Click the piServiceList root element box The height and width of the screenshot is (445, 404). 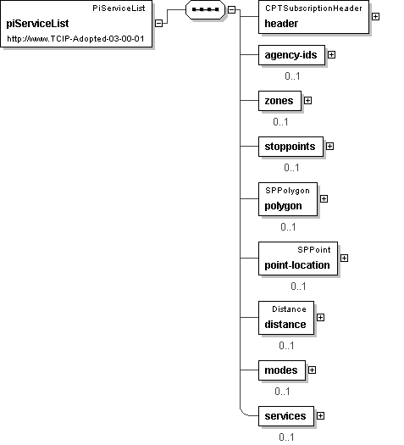point(76,24)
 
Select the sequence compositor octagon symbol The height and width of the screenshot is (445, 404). point(205,9)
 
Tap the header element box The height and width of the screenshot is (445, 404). point(314,17)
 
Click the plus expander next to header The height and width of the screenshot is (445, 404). point(375,17)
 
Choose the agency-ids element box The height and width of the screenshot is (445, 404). point(291,55)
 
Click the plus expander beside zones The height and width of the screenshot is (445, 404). point(307,101)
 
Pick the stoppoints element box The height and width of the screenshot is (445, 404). point(291,147)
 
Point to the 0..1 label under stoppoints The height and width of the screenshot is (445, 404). point(291,168)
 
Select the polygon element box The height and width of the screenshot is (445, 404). point(288,199)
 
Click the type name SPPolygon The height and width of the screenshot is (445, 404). point(287,191)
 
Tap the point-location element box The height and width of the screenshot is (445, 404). point(298,259)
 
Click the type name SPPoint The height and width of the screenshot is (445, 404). point(314,250)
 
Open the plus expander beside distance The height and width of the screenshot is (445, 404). point(320,317)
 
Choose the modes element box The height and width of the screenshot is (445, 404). point(282,370)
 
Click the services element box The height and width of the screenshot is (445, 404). point(286,416)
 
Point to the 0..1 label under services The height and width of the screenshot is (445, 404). point(286,437)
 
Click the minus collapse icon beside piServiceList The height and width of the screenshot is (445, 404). point(158,23)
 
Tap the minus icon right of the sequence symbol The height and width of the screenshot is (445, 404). point(231,9)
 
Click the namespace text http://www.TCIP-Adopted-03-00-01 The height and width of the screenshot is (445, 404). point(75,39)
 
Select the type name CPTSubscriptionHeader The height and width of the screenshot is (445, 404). point(313,8)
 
